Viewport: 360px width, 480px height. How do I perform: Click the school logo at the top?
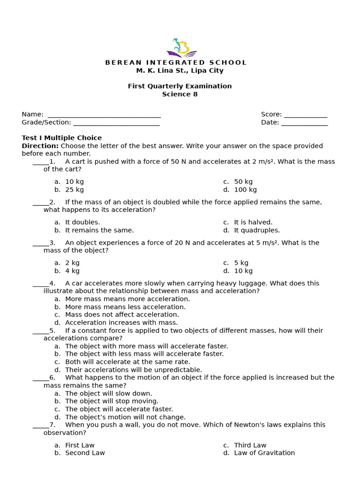tap(181, 47)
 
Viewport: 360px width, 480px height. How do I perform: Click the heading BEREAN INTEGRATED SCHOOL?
tap(176, 62)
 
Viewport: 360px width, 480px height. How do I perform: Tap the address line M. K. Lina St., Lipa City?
tap(180, 71)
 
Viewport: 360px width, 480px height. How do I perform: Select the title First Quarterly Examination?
tap(180, 86)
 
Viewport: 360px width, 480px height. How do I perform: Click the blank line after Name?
tap(104, 115)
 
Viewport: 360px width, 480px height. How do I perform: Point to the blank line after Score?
tap(305, 115)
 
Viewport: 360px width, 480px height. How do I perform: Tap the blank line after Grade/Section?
tap(116, 123)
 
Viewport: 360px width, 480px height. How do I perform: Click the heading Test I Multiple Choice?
tap(61, 138)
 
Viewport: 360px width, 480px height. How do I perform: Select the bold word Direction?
tap(40, 146)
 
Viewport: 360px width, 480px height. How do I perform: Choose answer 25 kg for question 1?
tap(75, 190)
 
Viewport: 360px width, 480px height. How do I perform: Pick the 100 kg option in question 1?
tap(245, 190)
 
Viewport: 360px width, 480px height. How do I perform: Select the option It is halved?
tap(253, 222)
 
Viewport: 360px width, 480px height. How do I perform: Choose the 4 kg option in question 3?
tap(72, 271)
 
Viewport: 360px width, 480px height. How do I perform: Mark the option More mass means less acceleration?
tap(125, 307)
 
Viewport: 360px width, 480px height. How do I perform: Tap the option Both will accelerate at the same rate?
tap(127, 362)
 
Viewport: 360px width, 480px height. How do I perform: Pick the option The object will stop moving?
tap(112, 401)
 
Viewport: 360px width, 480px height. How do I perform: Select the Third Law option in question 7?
tap(250, 445)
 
